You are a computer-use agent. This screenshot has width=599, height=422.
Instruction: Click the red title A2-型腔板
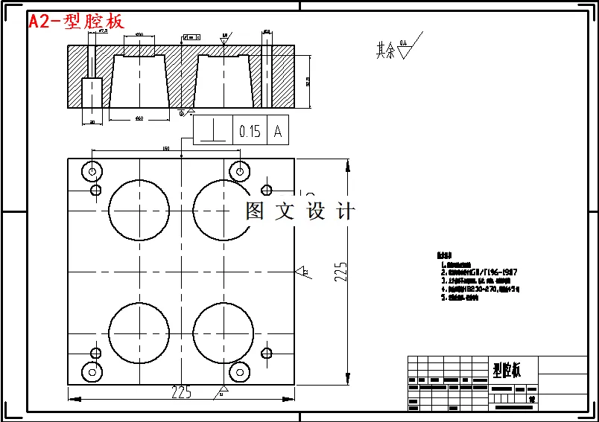76,22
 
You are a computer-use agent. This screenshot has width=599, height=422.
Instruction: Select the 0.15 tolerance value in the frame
250,131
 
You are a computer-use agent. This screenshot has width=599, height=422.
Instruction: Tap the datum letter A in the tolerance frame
278,131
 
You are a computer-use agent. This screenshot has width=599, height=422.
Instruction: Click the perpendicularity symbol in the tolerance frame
213,131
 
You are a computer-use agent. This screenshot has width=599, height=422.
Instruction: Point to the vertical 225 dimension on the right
340,272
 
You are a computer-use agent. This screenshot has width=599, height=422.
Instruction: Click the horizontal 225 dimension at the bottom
181,392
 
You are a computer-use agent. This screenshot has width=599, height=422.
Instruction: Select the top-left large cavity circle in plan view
139,209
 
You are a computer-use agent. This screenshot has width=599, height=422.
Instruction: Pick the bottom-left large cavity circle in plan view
139,332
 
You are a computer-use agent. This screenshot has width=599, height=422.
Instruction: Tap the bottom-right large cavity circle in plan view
223,332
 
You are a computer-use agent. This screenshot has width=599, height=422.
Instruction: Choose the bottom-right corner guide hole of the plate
239,371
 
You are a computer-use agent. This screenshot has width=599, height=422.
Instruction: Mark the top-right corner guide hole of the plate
239,171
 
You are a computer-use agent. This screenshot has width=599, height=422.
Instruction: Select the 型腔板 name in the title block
506,369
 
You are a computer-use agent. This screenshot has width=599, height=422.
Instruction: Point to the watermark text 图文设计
300,211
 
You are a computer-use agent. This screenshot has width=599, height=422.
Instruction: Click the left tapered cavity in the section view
139,82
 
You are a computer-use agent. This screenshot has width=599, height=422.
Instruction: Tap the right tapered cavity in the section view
223,82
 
